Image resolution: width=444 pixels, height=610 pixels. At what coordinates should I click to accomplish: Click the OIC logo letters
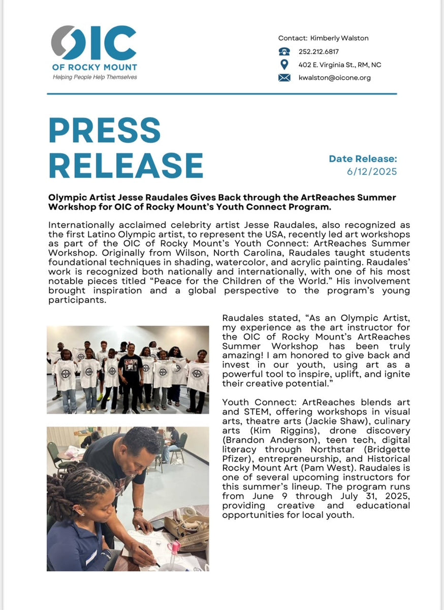click(94, 43)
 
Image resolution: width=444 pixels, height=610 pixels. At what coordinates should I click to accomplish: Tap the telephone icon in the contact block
click(284, 51)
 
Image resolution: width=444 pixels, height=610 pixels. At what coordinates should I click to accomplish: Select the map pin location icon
click(284, 65)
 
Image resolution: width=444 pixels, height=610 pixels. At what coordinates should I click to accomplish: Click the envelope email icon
click(284, 78)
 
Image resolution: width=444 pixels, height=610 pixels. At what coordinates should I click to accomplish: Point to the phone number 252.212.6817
click(319, 51)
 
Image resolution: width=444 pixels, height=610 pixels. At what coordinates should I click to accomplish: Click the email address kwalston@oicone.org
click(335, 78)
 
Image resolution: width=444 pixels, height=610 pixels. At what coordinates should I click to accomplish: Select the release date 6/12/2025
click(372, 171)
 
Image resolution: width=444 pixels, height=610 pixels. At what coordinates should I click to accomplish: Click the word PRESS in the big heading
click(105, 131)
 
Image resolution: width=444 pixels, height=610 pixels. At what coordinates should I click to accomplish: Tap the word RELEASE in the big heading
click(126, 165)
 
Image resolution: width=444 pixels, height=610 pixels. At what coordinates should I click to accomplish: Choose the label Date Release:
click(363, 159)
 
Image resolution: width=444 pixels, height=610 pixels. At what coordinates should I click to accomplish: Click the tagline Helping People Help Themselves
click(95, 77)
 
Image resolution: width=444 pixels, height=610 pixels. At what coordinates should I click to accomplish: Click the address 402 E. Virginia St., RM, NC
click(340, 65)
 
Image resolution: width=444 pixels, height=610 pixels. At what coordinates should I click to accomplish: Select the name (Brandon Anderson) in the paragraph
click(263, 440)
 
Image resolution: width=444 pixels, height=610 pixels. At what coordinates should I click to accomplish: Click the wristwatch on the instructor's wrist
click(138, 510)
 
